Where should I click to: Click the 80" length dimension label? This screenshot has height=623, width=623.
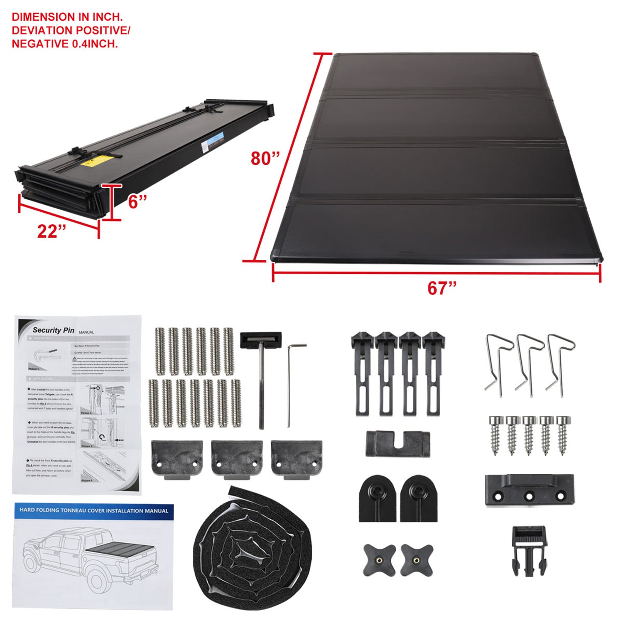[265, 158]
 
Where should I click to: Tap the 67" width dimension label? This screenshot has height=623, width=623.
[442, 288]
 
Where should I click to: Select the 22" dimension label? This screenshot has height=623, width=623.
[52, 231]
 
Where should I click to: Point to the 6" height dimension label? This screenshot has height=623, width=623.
[137, 202]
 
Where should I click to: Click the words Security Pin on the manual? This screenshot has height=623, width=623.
[54, 330]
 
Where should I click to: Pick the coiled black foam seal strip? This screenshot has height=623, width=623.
[252, 548]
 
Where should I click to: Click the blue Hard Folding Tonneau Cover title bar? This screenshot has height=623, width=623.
[94, 510]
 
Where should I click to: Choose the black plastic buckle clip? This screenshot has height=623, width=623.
[529, 550]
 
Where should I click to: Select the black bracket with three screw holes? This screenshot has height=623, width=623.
[529, 491]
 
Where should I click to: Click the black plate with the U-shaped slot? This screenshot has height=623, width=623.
[397, 443]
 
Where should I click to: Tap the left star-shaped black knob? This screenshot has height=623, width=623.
[379, 559]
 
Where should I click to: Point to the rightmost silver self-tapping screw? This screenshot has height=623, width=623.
[564, 434]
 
